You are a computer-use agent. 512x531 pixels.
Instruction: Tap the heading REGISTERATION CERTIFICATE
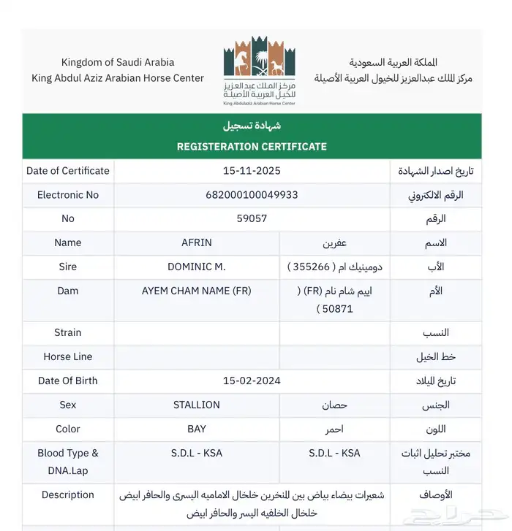[252, 147]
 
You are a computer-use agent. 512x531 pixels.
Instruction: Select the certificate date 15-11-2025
[252, 171]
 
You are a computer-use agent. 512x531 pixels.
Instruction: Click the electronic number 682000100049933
[252, 195]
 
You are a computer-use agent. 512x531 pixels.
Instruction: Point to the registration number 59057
[252, 218]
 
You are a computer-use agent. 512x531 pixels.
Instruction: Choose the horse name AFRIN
[196, 242]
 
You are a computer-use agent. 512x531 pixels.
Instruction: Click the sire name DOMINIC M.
[196, 267]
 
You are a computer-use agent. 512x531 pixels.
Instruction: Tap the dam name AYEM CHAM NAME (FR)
[196, 291]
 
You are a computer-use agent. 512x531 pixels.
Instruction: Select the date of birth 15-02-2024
[252, 381]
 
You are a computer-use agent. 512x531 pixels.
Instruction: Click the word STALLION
[196, 405]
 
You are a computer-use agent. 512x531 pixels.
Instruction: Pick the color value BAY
[196, 429]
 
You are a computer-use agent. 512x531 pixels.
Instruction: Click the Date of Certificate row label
[68, 171]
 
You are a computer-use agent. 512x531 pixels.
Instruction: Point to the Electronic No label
[68, 195]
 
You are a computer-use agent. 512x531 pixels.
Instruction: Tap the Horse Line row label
[68, 356]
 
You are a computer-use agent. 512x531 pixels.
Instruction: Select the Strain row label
[68, 332]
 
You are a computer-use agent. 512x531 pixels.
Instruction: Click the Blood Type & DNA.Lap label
[68, 462]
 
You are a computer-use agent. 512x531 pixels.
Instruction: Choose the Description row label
[68, 494]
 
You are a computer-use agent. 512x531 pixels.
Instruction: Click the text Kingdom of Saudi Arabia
[118, 62]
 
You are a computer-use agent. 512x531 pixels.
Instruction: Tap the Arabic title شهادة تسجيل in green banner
[252, 126]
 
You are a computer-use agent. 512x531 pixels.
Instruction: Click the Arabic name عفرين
[335, 242]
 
